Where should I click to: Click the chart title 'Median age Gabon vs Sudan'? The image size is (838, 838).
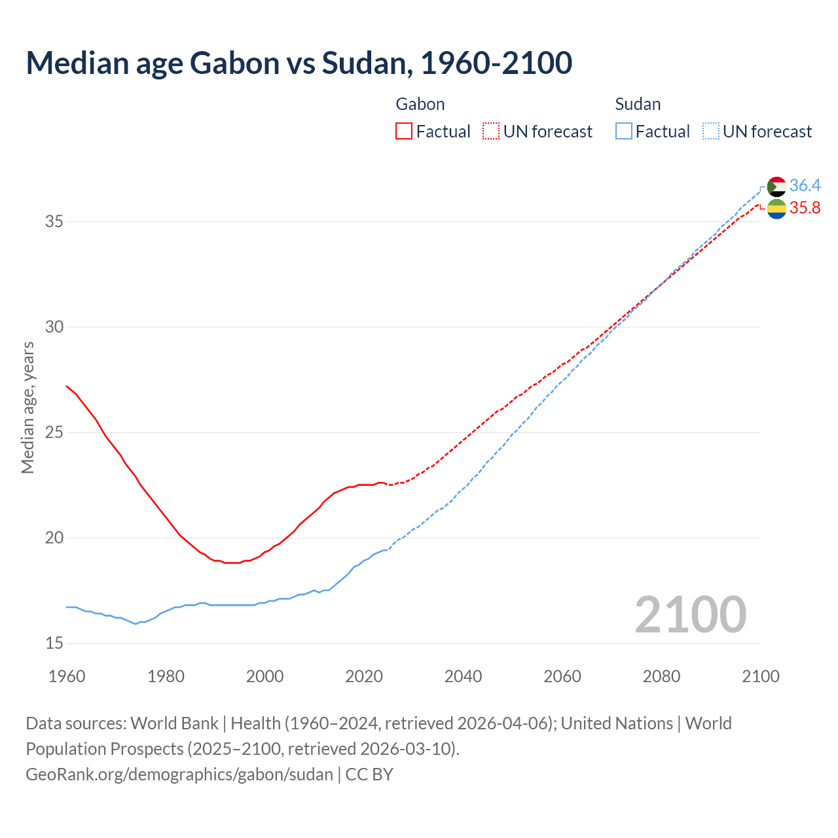[299, 63]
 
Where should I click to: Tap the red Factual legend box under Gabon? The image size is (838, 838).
[404, 132]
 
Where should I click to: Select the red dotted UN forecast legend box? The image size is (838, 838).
[491, 132]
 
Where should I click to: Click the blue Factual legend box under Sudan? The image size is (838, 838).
[624, 132]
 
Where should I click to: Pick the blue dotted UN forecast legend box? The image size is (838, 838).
[711, 132]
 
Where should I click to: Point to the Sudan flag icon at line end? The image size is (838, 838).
[776, 187]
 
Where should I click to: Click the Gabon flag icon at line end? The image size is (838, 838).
[776, 209]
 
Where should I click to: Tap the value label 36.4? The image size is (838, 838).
[805, 186]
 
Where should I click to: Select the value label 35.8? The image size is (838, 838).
[805, 208]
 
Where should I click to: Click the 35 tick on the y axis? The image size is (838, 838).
[54, 221]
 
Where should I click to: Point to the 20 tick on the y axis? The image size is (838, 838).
[54, 537]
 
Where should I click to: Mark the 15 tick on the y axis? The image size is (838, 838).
[54, 643]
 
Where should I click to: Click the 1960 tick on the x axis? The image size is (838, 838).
[67, 676]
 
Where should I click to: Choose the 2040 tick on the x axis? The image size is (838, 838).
[463, 676]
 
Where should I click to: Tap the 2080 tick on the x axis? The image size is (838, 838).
[661, 676]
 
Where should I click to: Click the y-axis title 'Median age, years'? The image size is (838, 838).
[27, 407]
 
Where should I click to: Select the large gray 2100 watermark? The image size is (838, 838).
[690, 615]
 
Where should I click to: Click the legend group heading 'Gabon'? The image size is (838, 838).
[420, 104]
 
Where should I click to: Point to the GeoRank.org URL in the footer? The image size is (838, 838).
[179, 774]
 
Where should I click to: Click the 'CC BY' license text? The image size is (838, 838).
[369, 774]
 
